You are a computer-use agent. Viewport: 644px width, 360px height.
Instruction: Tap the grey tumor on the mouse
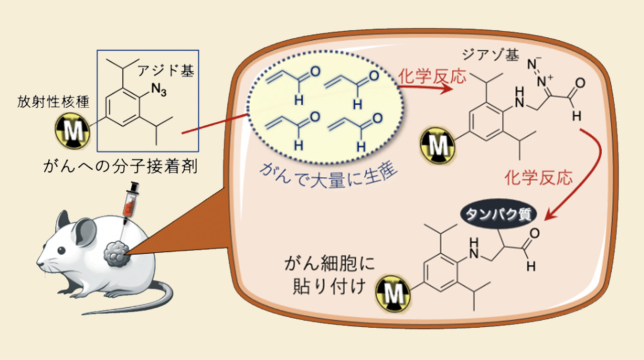click(x=117, y=253)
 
